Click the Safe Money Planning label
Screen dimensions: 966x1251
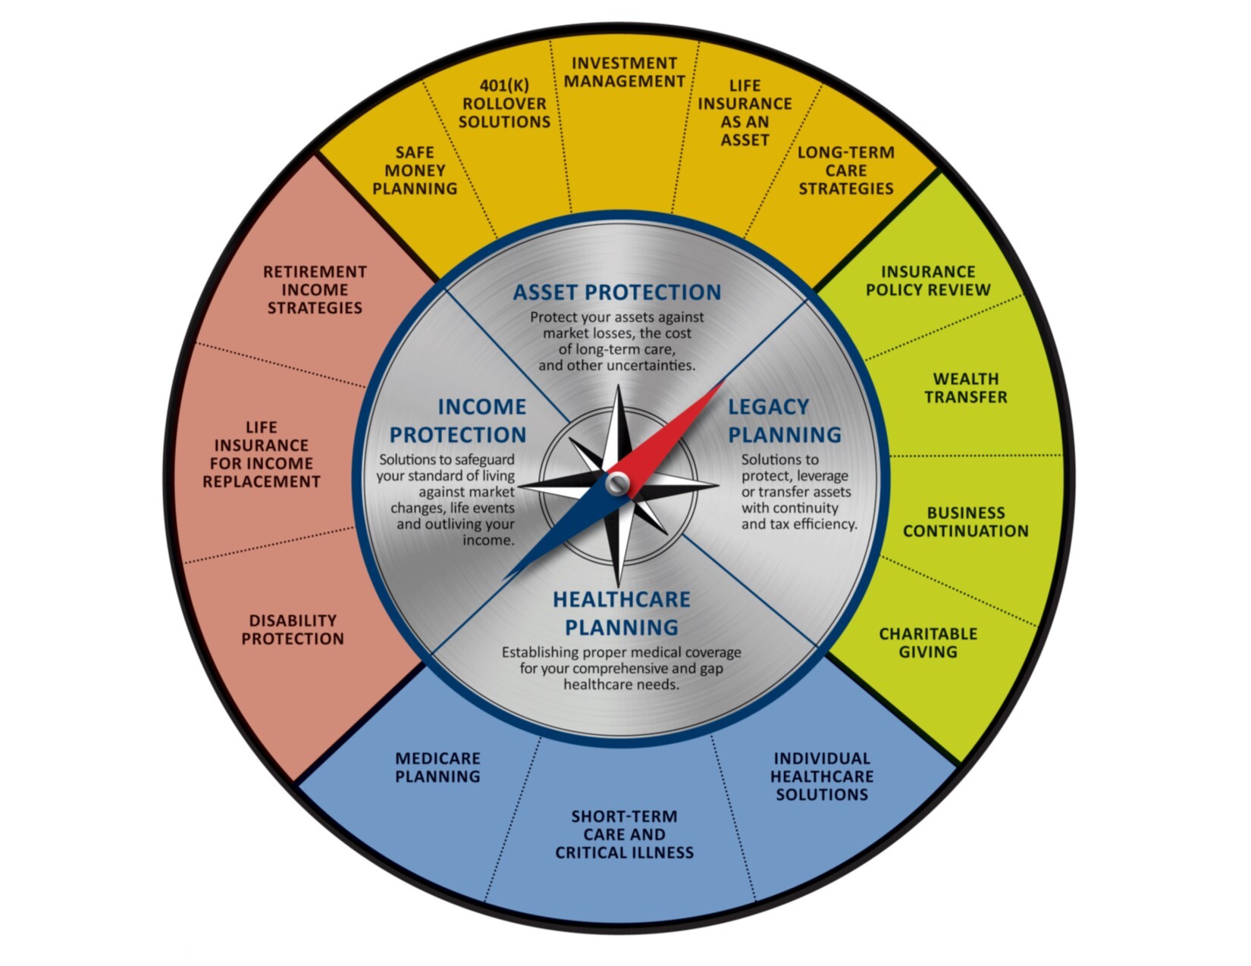pyautogui.click(x=415, y=170)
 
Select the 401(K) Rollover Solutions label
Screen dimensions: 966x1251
pyautogui.click(x=504, y=104)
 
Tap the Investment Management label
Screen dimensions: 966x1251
pyautogui.click(x=624, y=72)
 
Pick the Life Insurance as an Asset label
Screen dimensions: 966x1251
pyautogui.click(x=745, y=113)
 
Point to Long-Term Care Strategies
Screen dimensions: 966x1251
pyautogui.click(x=845, y=170)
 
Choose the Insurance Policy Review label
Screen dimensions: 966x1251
pyautogui.click(x=928, y=281)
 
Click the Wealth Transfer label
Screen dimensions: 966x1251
pyautogui.click(x=965, y=388)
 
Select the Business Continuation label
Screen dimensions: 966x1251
pyautogui.click(x=965, y=522)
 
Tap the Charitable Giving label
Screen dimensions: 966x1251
pyautogui.click(x=928, y=642)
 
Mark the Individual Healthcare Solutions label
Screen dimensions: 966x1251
pyautogui.click(x=822, y=776)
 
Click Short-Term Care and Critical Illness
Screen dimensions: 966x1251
pyautogui.click(x=624, y=834)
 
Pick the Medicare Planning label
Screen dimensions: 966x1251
pyautogui.click(x=437, y=767)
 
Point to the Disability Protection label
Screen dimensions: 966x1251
pyautogui.click(x=293, y=630)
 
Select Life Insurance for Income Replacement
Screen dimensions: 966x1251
pyautogui.click(x=261, y=455)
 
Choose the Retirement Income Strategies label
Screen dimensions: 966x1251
pyautogui.click(x=315, y=289)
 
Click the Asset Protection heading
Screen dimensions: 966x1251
pyautogui.click(x=617, y=292)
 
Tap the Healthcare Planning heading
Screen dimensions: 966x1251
pyautogui.click(x=621, y=613)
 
